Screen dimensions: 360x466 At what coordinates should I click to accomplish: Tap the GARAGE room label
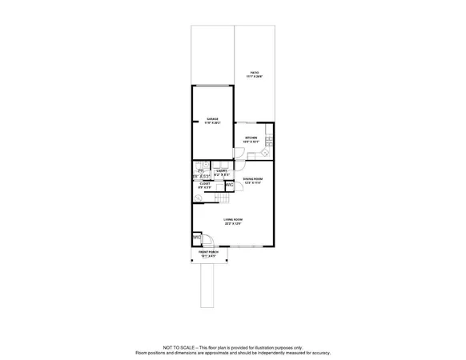click(x=212, y=119)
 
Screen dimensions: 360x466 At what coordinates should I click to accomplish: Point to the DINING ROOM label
click(x=254, y=179)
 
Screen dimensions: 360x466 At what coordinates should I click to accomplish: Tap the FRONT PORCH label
click(x=209, y=253)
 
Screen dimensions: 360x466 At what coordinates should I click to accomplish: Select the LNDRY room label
click(x=222, y=170)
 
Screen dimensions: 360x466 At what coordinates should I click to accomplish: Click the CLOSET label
click(x=205, y=184)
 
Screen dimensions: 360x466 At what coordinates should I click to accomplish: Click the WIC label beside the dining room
click(x=229, y=186)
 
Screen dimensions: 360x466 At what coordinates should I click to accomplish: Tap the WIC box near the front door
click(x=196, y=238)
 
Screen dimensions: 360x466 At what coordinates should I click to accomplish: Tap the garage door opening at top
click(x=212, y=86)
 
